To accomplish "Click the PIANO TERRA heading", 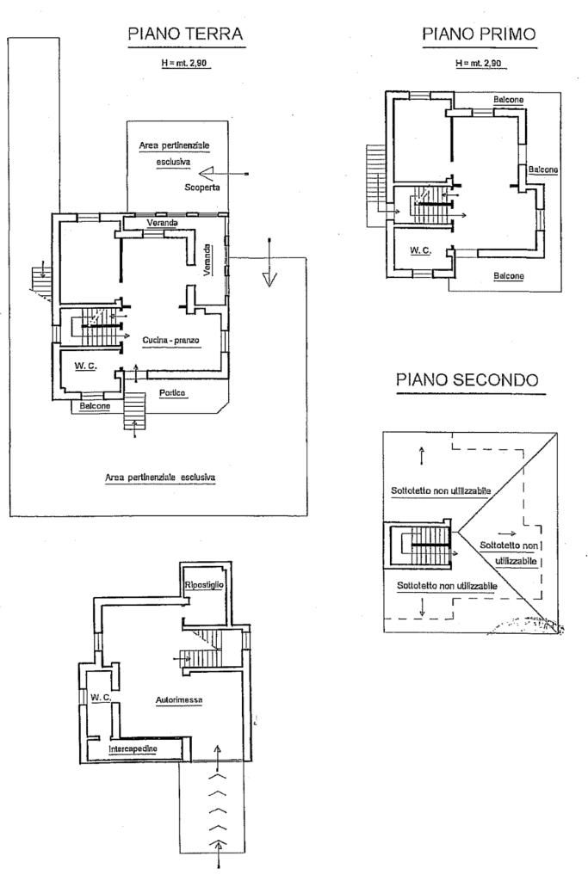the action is (185, 34).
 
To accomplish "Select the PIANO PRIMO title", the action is (479, 34).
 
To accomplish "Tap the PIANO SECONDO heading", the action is (467, 379).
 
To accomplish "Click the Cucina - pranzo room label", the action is (171, 340).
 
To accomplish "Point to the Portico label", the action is (172, 392).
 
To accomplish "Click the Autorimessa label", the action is (179, 700).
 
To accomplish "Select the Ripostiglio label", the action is (204, 585).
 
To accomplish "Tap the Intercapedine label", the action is (133, 749).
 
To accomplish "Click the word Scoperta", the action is (201, 187).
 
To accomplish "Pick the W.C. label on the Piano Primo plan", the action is (420, 250).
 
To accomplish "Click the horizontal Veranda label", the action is (163, 223).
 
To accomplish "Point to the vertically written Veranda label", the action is (207, 260).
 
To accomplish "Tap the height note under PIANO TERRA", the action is (185, 64).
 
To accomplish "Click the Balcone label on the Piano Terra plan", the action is (95, 406).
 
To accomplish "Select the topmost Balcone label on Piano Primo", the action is (508, 100).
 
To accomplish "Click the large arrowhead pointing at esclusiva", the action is (207, 172).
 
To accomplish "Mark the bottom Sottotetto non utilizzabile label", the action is (447, 585).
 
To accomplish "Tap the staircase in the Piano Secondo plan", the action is (425, 545).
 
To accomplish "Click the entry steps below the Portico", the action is (134, 410).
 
